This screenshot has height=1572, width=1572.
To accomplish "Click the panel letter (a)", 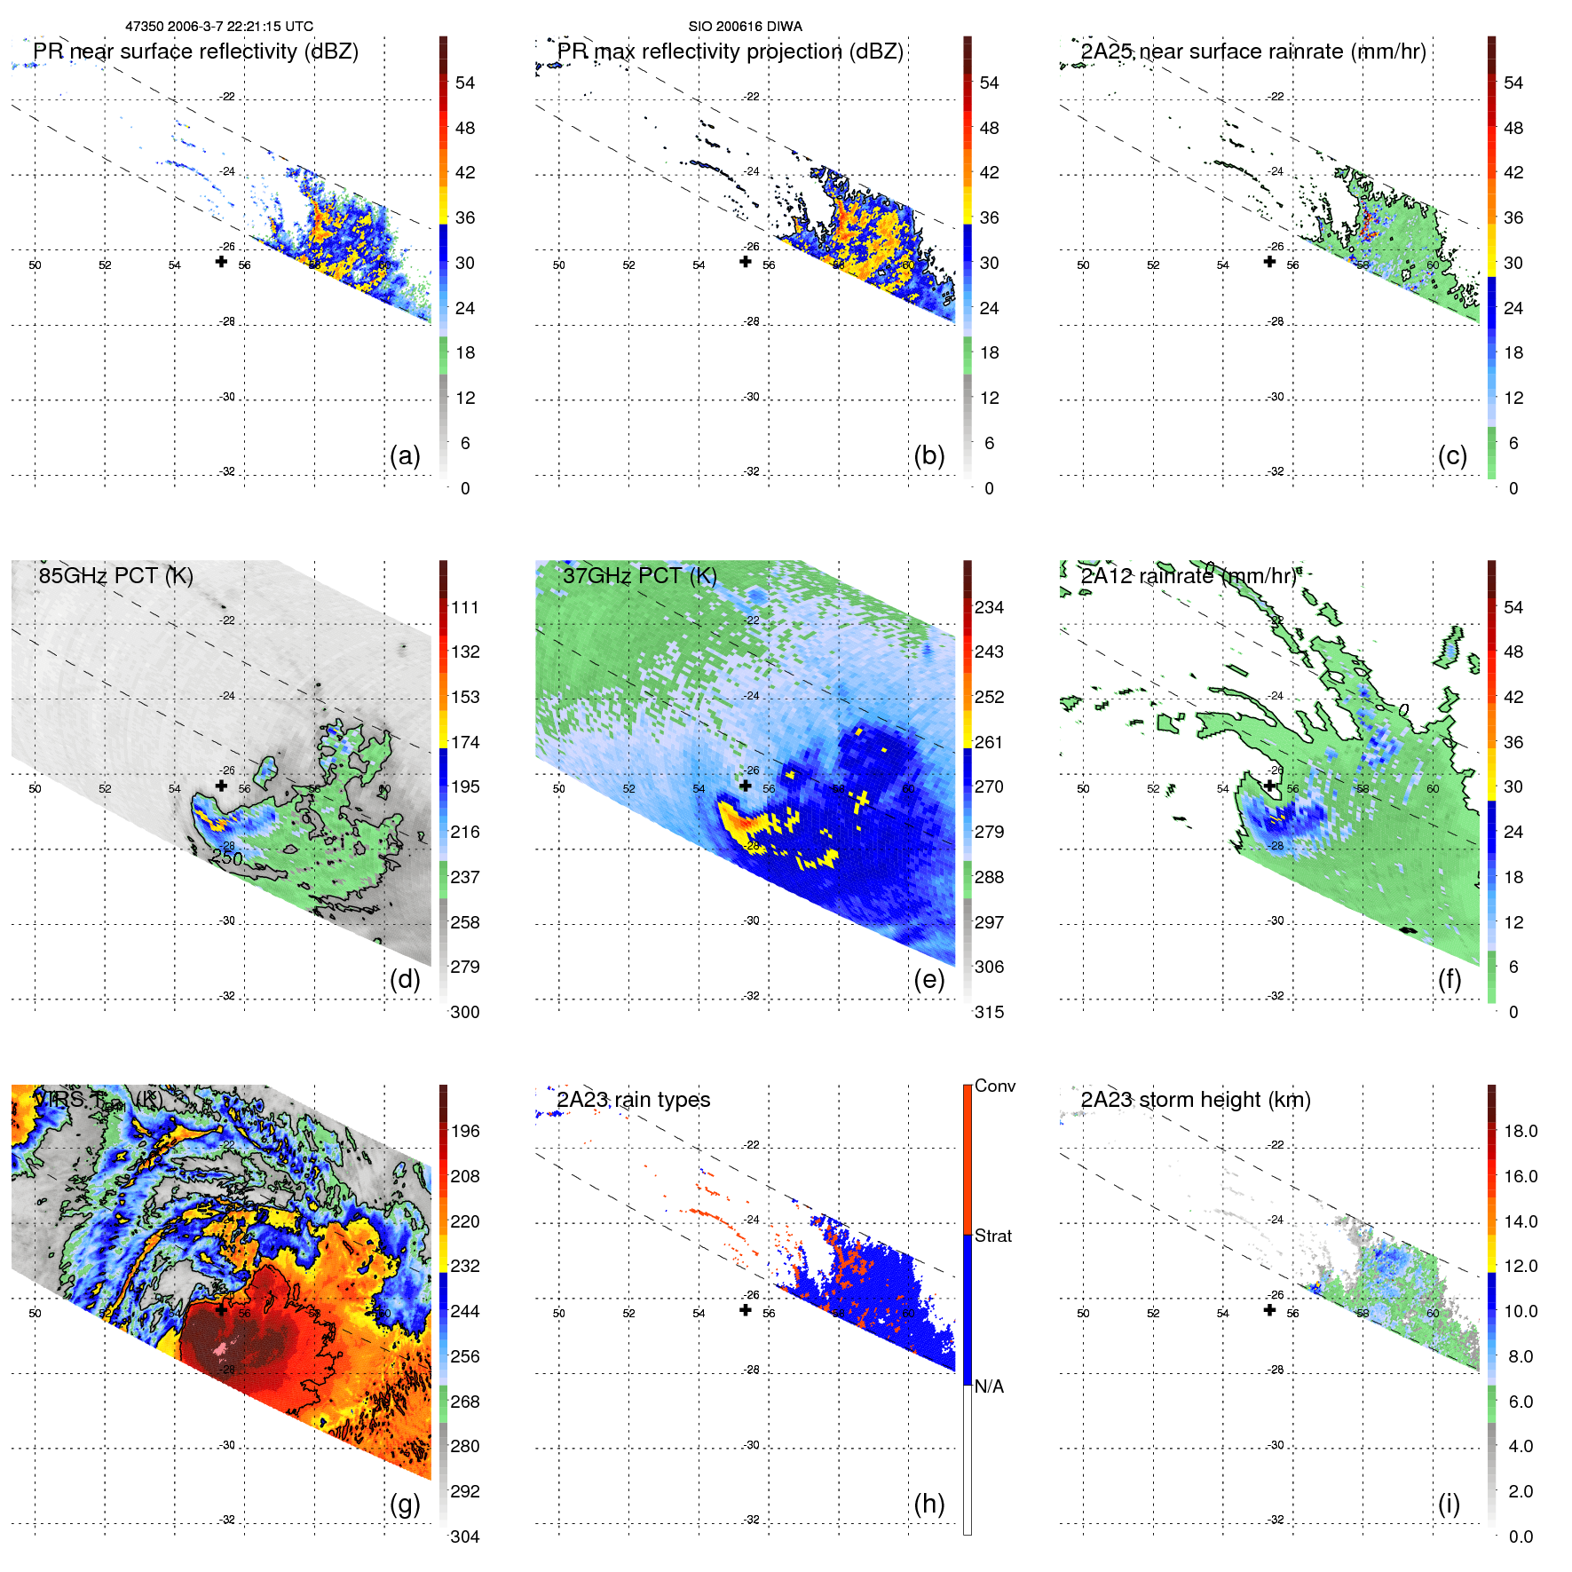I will [x=405, y=456].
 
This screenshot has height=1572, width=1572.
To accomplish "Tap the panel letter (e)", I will [x=928, y=980].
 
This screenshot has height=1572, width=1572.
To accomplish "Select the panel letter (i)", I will [x=1449, y=1505].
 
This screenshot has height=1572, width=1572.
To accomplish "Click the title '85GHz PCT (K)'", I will [x=115, y=575].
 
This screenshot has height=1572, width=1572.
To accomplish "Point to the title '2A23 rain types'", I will [x=633, y=1100].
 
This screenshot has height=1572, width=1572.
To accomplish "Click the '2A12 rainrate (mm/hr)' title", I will [x=1189, y=575].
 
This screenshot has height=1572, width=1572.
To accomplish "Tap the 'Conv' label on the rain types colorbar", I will [x=994, y=1086].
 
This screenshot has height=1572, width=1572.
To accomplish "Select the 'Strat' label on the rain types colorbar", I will [x=992, y=1236].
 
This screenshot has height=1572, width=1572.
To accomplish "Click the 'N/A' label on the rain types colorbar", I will [x=989, y=1386].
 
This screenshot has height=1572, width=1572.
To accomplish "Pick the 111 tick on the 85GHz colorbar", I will [x=465, y=607].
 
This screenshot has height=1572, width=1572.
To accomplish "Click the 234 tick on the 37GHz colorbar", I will [x=989, y=607].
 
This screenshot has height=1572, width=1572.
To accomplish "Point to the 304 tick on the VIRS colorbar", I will [x=465, y=1536].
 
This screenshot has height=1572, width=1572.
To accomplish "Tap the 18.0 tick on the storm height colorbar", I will [x=1521, y=1131].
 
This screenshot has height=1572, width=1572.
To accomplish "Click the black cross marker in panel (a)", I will [x=221, y=262].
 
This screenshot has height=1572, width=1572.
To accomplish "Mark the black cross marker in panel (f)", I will [x=1269, y=786].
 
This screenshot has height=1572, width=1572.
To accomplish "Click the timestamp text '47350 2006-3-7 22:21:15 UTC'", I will [x=219, y=27].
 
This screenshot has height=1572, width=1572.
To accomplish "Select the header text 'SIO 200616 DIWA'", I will [x=745, y=27].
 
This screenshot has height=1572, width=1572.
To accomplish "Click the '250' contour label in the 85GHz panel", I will [x=226, y=857].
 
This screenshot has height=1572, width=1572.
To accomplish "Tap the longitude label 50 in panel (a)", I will [x=35, y=265].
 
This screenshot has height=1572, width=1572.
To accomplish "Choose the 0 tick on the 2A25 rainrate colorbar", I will [x=1513, y=488].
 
